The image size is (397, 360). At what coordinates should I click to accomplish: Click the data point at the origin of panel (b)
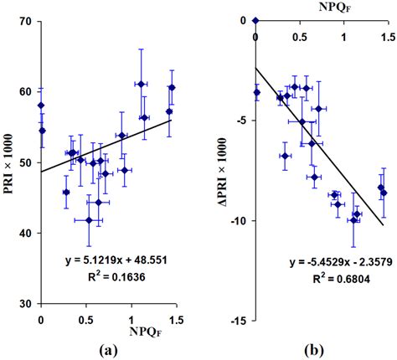tap(255, 21)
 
